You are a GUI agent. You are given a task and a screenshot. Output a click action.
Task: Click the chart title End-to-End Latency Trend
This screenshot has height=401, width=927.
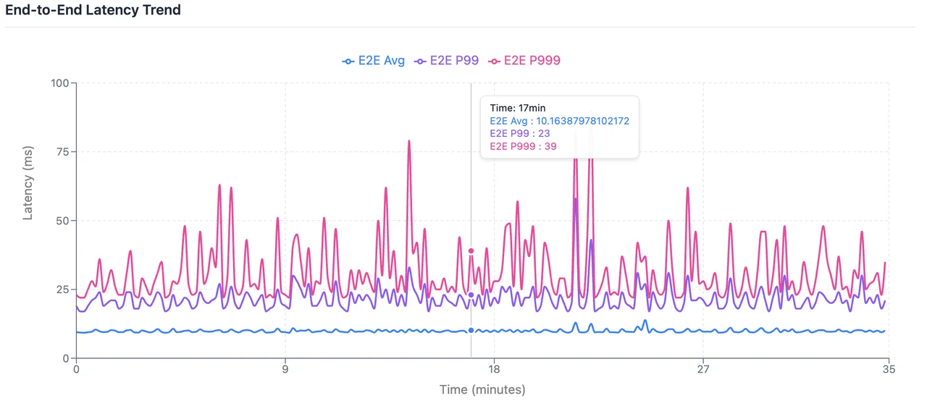[93, 10]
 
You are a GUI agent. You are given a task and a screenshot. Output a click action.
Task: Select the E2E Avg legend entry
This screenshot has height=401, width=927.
[374, 61]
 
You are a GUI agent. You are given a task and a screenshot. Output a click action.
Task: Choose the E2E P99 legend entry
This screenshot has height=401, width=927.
[446, 61]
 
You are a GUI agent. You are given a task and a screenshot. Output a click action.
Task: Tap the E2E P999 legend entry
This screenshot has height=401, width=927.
[524, 61]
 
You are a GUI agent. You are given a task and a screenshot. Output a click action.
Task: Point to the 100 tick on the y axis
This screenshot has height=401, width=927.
[59, 83]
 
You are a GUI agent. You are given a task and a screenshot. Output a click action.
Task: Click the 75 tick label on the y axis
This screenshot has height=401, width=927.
[62, 152]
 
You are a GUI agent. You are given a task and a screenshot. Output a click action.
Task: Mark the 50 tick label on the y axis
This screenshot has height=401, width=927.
[62, 221]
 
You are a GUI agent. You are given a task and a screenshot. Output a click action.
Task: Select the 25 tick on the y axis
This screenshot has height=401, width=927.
[62, 290]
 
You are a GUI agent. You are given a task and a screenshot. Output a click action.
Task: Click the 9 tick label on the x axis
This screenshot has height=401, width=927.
[285, 369]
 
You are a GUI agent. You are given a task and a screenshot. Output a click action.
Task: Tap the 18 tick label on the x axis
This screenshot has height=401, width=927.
[495, 369]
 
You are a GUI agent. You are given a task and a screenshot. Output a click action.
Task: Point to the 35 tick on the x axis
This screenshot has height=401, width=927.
[889, 369]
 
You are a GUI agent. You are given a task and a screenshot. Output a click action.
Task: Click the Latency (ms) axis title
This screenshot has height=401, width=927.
[28, 181]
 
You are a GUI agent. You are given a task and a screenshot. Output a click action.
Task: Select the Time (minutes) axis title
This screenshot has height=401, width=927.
[482, 389]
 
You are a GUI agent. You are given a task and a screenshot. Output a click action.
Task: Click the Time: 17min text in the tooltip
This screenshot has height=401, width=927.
[518, 108]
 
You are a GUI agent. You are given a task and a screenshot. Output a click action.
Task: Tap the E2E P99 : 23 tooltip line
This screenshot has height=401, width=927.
[520, 134]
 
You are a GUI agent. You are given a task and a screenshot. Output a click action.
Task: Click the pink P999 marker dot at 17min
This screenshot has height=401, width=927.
[471, 251]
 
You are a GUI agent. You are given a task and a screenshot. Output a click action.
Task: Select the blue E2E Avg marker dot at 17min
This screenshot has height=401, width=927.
[471, 330]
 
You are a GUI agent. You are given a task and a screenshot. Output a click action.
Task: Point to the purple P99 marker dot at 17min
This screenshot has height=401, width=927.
[471, 295]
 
